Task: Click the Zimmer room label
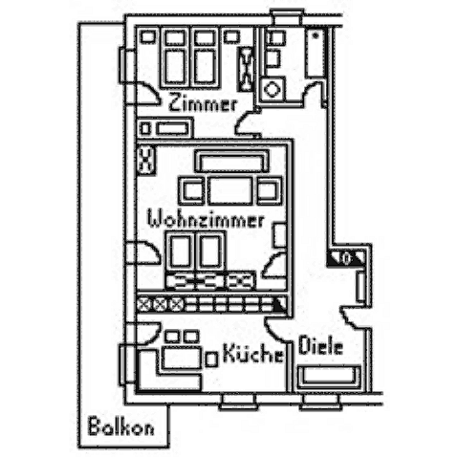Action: [x=203, y=102]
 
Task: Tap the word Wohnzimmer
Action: [x=207, y=220]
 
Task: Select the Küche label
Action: [x=252, y=353]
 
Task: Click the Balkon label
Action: [x=120, y=426]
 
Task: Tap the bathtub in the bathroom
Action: [x=317, y=53]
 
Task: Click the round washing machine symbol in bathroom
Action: [x=272, y=89]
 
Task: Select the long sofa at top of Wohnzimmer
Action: [x=232, y=162]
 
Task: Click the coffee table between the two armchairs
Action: [x=230, y=190]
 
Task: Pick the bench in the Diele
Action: [x=329, y=377]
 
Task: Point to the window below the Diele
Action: [x=321, y=402]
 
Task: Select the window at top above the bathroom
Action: [x=286, y=16]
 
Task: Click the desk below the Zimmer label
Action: [x=165, y=128]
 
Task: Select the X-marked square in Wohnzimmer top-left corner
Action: [x=146, y=160]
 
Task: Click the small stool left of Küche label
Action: [x=211, y=360]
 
